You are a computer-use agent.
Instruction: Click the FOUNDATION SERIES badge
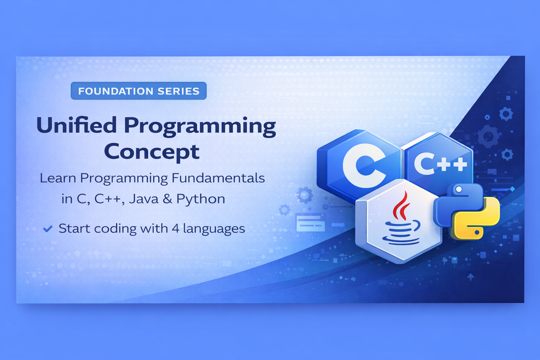[x=139, y=91]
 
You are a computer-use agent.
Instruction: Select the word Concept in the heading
[x=152, y=152]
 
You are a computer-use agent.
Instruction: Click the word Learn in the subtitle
[x=58, y=178]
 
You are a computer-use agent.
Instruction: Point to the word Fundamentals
[x=218, y=178]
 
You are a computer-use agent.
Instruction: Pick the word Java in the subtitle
[x=144, y=199]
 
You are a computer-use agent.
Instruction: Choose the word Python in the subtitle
[x=201, y=200]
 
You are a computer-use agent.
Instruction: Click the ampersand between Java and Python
[x=168, y=199]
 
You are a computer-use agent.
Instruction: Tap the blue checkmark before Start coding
[x=48, y=229]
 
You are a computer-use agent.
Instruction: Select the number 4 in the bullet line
[x=175, y=229]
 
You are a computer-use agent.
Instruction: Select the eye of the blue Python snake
[x=459, y=189]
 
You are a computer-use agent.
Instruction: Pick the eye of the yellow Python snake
[x=477, y=232]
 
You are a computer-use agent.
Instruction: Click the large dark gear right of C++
[x=488, y=136]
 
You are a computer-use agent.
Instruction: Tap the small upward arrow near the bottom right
[x=471, y=277]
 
